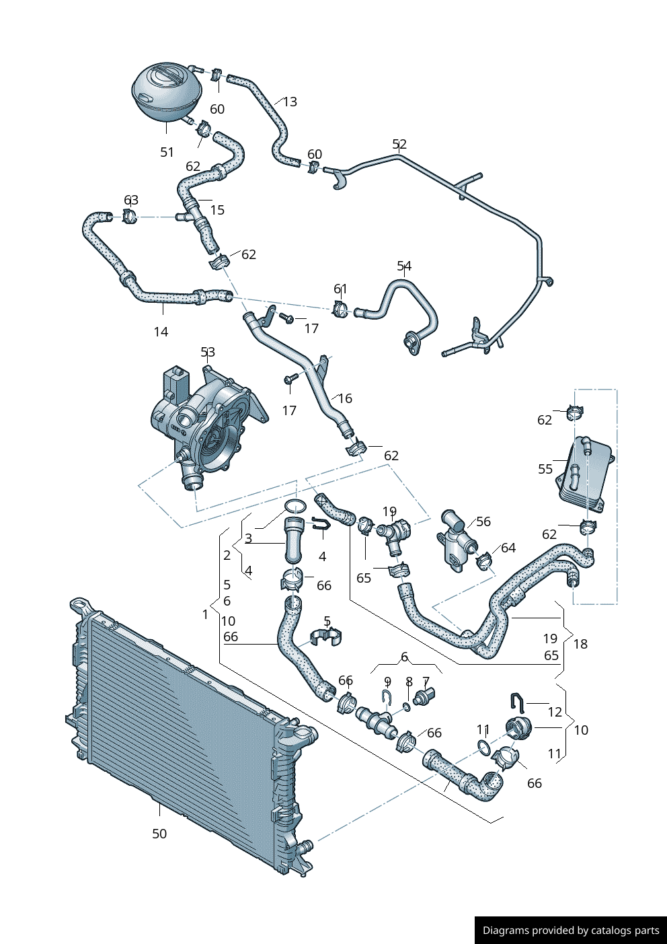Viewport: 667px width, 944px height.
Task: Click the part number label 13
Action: coord(290,102)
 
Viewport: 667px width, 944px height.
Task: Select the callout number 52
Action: coord(399,144)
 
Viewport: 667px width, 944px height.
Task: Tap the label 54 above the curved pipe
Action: coord(404,266)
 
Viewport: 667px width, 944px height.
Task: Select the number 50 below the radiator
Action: coord(159,834)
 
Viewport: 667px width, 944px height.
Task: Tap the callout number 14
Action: coord(161,332)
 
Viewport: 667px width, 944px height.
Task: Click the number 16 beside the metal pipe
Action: coord(345,398)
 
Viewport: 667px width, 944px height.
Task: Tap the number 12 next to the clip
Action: coord(555,712)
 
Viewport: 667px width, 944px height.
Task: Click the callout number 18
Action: coord(580,644)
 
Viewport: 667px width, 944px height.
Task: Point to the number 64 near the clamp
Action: coord(508,548)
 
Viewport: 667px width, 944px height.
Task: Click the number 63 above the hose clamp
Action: coord(131,200)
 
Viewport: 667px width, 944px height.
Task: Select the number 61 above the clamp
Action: coord(341,289)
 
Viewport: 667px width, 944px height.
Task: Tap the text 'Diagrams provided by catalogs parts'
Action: coord(571,931)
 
